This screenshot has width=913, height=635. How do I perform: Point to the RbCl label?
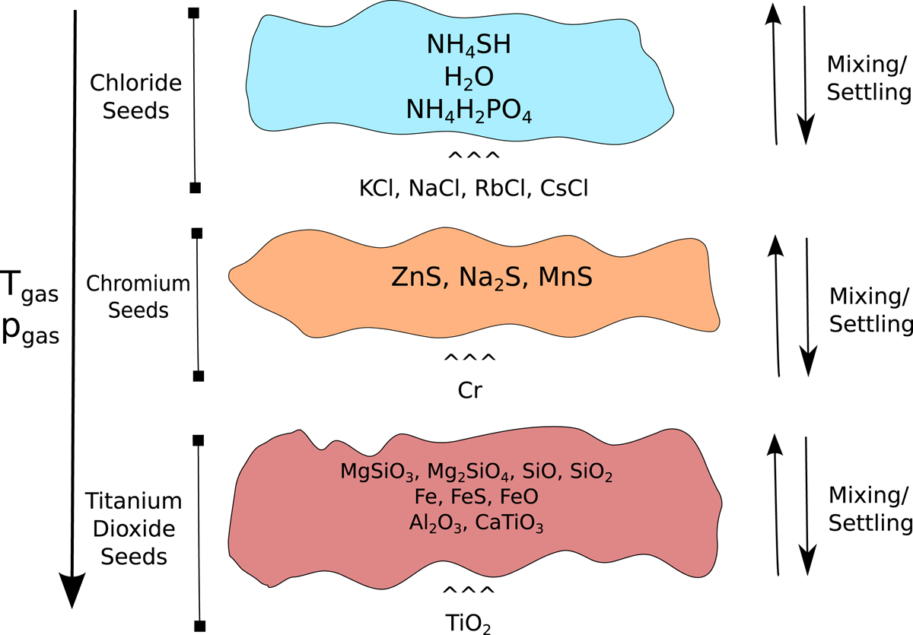pos(498,188)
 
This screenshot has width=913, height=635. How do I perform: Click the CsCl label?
pos(565,188)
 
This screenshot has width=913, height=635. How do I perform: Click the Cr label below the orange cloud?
pos(469,389)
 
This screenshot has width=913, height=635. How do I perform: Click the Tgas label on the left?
pos(29,287)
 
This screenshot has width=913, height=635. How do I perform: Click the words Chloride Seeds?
pos(129,96)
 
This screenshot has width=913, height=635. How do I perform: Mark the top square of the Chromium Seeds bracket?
pos(196,232)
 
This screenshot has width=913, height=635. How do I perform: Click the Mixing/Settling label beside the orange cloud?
pos(869,310)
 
